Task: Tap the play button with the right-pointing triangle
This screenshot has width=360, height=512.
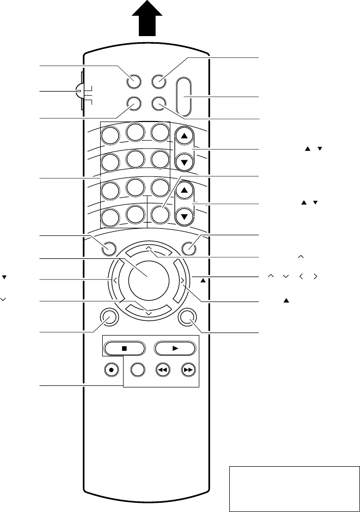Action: point(175,349)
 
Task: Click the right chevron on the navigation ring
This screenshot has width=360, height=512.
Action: point(182,280)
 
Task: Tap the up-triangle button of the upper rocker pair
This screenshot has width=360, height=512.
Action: point(184,136)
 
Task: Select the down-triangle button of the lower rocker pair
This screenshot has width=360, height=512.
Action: point(184,216)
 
